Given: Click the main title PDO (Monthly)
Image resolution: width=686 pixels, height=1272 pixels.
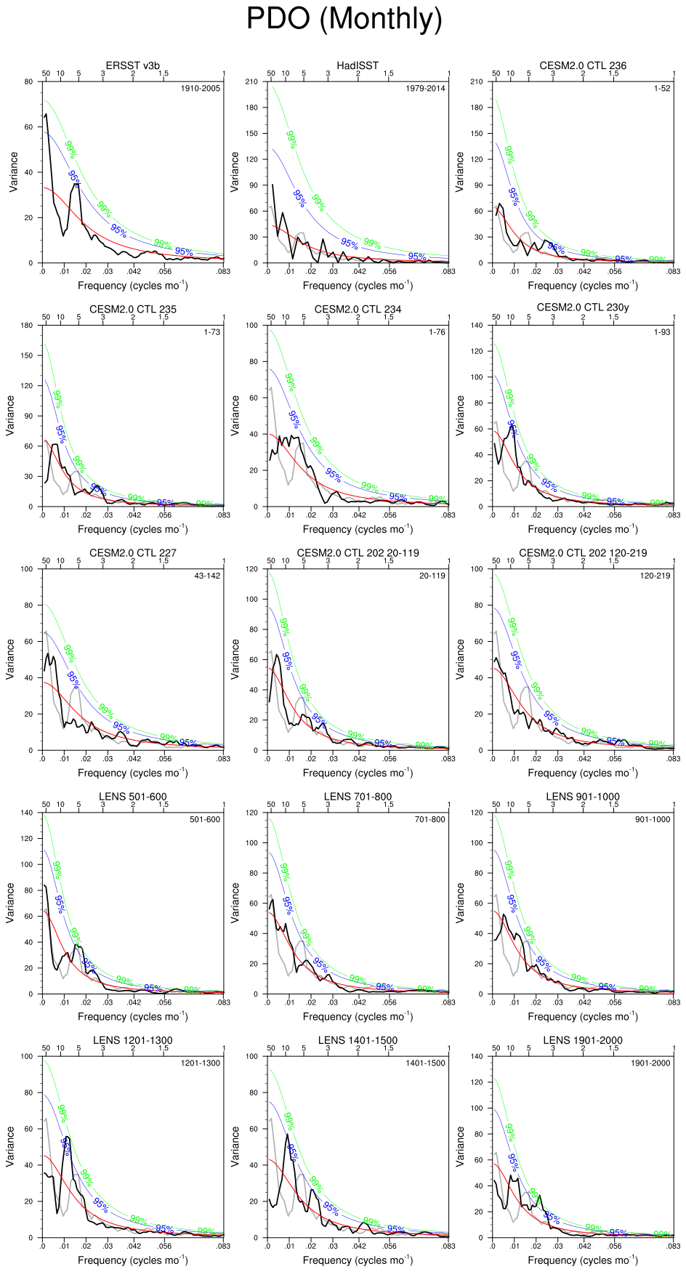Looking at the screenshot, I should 344,19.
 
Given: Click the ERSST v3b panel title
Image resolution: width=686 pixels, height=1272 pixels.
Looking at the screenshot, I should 133,65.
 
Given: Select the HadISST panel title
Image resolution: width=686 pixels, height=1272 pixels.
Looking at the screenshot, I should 358,65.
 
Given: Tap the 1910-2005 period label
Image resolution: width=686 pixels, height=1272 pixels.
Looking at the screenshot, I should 201,89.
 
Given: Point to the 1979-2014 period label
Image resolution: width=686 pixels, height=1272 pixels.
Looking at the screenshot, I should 426,89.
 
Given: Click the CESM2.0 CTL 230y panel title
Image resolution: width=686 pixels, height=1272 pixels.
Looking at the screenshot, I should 583,307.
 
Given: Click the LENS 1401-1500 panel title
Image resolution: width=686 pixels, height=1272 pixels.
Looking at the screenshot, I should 358,1040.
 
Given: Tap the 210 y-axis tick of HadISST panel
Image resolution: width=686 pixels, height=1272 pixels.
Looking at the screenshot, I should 252,81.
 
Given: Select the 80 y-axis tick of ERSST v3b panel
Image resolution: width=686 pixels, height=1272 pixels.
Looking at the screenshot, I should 28,81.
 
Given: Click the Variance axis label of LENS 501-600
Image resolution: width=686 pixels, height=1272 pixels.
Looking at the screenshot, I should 10,903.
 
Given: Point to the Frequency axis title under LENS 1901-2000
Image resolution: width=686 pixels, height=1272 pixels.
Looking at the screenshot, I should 583,1260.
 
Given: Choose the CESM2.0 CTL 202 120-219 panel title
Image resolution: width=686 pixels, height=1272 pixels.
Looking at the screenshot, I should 583,552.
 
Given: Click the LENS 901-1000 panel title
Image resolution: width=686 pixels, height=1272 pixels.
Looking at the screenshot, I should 583,797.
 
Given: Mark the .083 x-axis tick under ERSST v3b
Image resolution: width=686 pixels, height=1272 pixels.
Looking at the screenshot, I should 223,271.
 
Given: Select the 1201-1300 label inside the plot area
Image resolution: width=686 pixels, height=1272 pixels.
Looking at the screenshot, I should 201,1063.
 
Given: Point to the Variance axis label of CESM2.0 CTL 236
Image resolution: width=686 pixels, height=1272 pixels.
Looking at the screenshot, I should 460,172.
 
